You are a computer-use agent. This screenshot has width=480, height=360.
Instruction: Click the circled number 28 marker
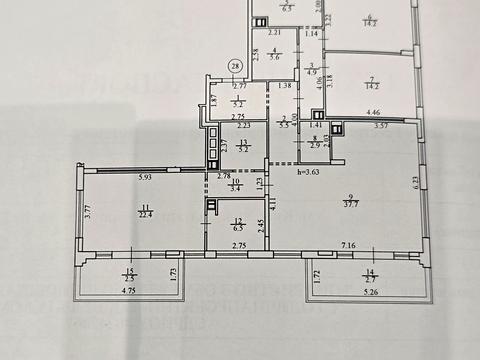pos(236,66)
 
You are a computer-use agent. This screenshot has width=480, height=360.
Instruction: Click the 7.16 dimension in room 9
pos(350,245)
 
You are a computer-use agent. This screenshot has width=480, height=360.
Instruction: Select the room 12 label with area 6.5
pos(237,225)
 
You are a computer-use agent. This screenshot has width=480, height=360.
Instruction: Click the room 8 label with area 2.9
pos(315,143)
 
